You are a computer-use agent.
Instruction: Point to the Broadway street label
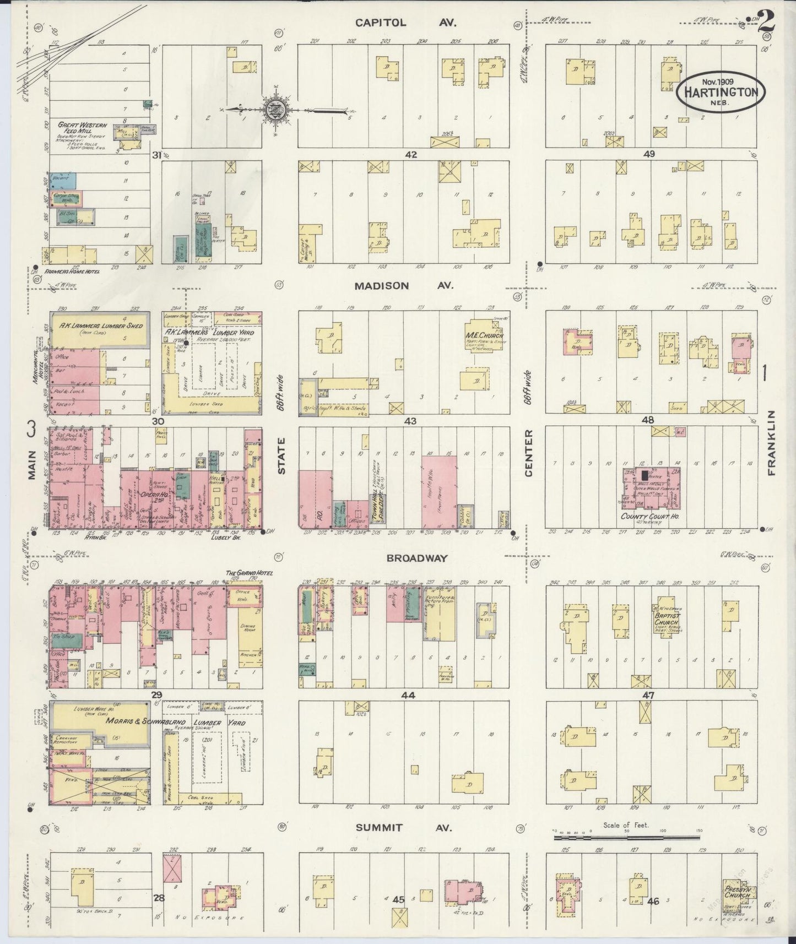click(x=416, y=558)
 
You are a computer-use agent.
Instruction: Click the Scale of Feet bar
click(x=626, y=838)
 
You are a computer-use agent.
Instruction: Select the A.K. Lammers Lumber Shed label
click(x=101, y=325)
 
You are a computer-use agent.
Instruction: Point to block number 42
click(x=410, y=155)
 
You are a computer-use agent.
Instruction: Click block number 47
click(x=648, y=696)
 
